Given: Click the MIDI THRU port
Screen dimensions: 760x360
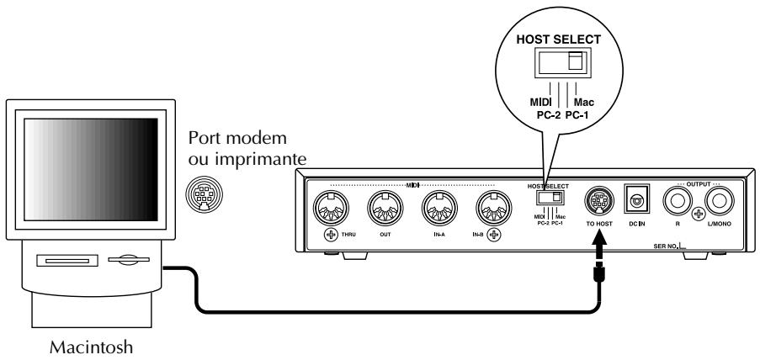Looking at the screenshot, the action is pyautogui.click(x=332, y=209).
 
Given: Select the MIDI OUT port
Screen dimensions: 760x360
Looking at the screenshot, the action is pyautogui.click(x=385, y=209).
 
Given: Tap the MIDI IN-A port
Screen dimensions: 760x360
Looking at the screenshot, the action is pyautogui.click(x=439, y=209).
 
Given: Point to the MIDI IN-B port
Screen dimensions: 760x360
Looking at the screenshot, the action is pyautogui.click(x=494, y=209).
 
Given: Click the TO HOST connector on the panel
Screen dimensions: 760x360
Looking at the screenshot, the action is pyautogui.click(x=599, y=199).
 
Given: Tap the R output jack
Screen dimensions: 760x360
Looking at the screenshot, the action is pyautogui.click(x=678, y=201).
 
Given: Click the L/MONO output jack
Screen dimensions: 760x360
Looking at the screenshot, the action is pyautogui.click(x=720, y=201).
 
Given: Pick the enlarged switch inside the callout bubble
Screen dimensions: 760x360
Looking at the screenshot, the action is pyautogui.click(x=563, y=62).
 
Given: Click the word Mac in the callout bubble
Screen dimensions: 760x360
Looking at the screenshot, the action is pyautogui.click(x=583, y=103).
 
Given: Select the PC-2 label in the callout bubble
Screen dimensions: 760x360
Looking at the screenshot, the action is pyautogui.click(x=549, y=116).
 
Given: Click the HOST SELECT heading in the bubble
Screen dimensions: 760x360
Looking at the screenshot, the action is pyautogui.click(x=558, y=40).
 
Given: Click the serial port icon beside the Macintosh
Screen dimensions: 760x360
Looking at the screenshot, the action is pyautogui.click(x=204, y=193).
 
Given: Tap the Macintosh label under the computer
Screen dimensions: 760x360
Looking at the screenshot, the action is pyautogui.click(x=91, y=347).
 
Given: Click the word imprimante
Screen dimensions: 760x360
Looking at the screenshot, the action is pyautogui.click(x=260, y=160).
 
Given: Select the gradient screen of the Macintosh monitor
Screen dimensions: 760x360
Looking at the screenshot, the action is pyautogui.click(x=91, y=170).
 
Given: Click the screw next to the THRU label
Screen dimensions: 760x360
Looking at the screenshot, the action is pyautogui.click(x=331, y=236).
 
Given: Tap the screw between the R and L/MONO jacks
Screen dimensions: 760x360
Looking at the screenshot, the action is pyautogui.click(x=699, y=213).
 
